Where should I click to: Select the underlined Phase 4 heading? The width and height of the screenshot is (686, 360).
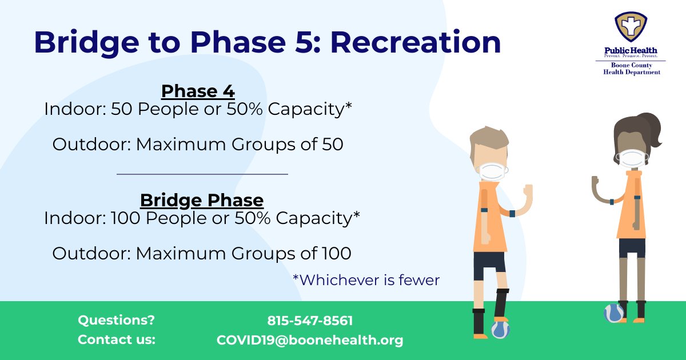pyautogui.click(x=198, y=91)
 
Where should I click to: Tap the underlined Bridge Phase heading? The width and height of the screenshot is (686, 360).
pyautogui.click(x=202, y=201)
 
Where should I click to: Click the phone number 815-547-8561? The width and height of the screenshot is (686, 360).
pyautogui.click(x=310, y=321)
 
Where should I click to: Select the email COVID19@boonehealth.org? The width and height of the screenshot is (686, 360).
pyautogui.click(x=310, y=340)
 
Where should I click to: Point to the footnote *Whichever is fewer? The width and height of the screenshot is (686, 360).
pyautogui.click(x=366, y=280)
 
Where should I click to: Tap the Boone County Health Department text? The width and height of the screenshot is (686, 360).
pyautogui.click(x=632, y=69)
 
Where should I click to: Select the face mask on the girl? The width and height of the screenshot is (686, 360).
pyautogui.click(x=632, y=158)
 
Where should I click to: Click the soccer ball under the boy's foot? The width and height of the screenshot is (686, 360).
pyautogui.click(x=500, y=329)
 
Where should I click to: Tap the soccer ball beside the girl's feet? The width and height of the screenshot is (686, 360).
pyautogui.click(x=613, y=313)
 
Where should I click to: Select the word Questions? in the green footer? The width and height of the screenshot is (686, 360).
pyautogui.click(x=116, y=321)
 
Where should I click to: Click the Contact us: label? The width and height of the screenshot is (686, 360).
pyautogui.click(x=116, y=340)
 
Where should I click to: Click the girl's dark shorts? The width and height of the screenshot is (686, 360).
pyautogui.click(x=632, y=247)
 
